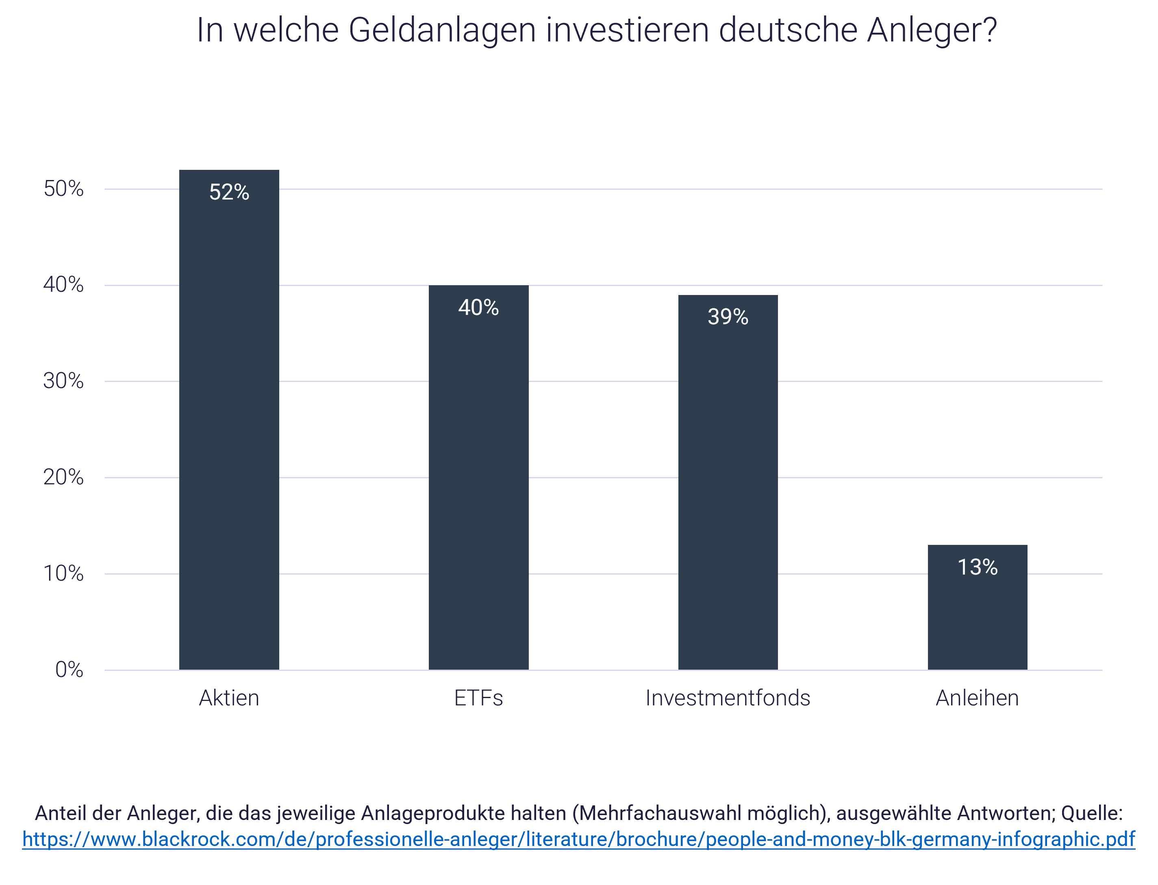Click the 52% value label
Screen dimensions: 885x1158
click(x=229, y=192)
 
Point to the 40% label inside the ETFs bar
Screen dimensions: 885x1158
click(x=478, y=308)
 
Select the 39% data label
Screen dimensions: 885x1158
click(x=728, y=317)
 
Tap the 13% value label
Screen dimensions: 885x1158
click(x=977, y=567)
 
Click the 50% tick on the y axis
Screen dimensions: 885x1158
click(x=63, y=189)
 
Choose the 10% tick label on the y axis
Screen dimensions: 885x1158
click(x=63, y=574)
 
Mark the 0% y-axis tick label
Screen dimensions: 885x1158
click(x=69, y=670)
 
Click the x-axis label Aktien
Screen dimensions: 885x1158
click(x=229, y=698)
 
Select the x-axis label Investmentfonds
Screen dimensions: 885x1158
click(x=728, y=698)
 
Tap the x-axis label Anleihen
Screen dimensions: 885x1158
click(x=977, y=698)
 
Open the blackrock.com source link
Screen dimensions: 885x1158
click(x=578, y=839)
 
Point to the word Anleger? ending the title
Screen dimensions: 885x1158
click(x=932, y=30)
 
